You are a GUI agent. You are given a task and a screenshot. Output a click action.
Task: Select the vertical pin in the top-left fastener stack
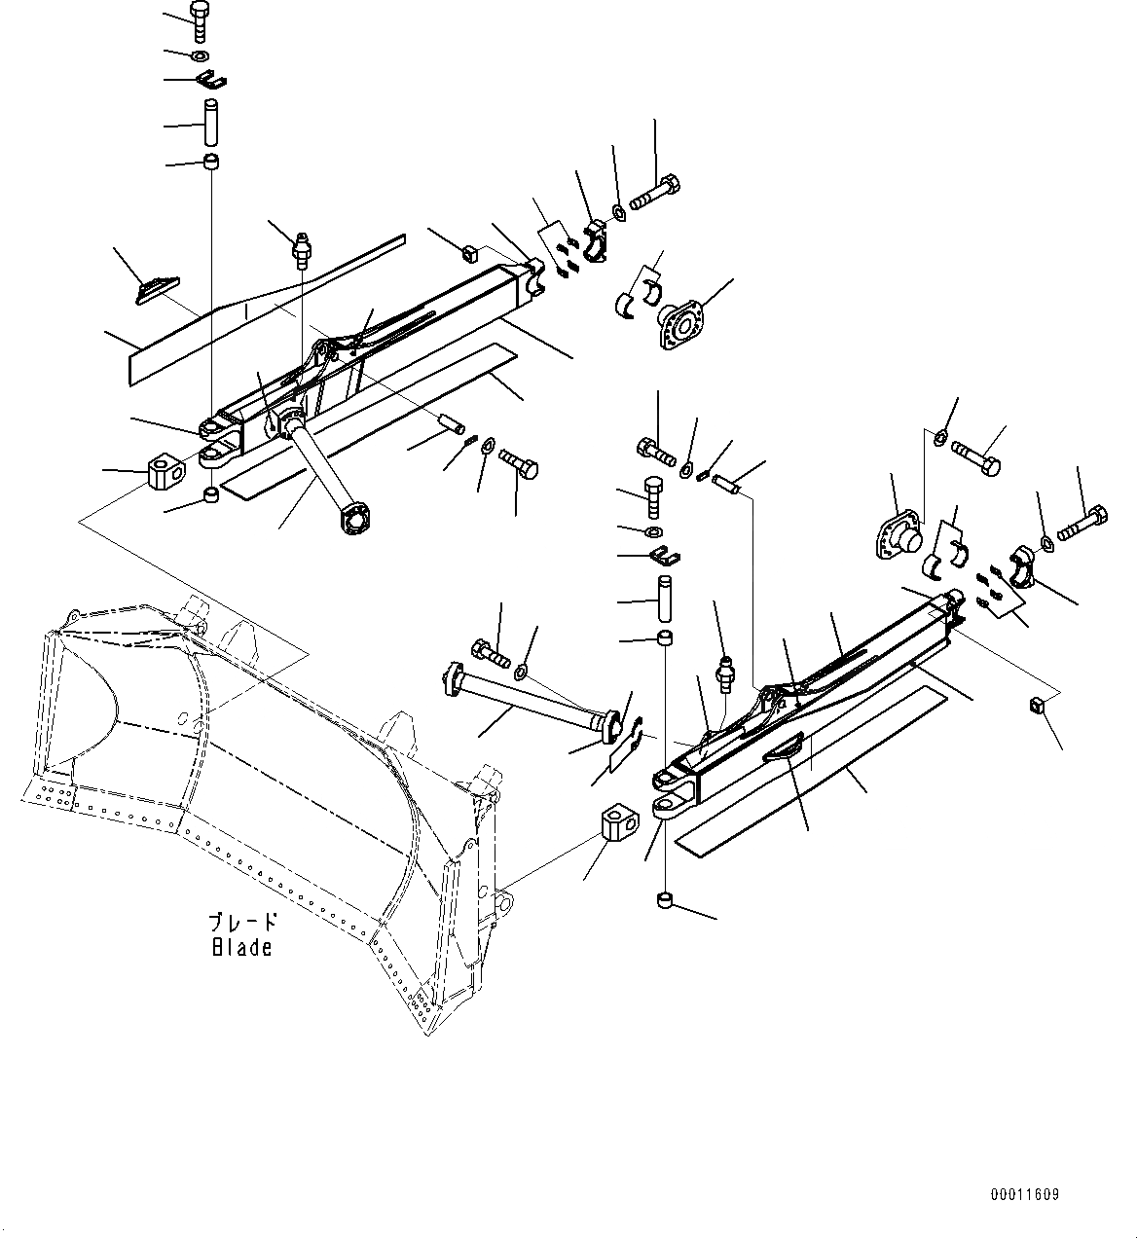coord(210,122)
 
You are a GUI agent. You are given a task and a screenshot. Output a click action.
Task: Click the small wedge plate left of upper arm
coord(156,289)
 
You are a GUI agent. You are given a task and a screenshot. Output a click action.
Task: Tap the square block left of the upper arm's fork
coord(165,472)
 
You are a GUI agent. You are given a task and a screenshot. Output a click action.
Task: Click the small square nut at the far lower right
coord(1038,706)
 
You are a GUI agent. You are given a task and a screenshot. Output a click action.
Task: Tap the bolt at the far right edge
coord(1081,521)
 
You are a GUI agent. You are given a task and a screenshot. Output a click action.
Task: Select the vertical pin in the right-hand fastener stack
coord(664,599)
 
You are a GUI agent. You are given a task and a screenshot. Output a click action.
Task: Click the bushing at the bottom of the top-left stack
coord(210,160)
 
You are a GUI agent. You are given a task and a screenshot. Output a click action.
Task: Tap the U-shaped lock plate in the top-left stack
coord(208,79)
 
